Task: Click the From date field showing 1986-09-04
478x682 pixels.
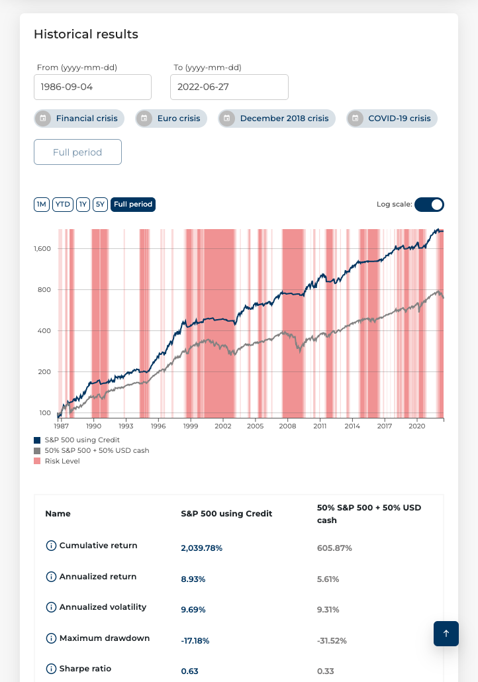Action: (x=93, y=87)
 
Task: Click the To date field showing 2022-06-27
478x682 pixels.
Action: (x=229, y=87)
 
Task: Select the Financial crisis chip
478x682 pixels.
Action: (x=79, y=119)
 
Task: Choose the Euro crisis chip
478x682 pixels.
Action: (x=171, y=119)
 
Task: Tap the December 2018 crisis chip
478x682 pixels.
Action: (x=277, y=119)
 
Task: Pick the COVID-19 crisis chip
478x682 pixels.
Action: (x=392, y=119)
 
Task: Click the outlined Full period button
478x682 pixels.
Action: (x=77, y=152)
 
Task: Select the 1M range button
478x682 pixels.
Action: (x=42, y=205)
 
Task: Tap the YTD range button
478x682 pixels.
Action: (x=63, y=205)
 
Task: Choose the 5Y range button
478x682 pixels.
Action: (x=100, y=205)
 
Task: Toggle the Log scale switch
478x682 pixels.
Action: (x=429, y=205)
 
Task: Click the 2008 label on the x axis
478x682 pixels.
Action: (x=287, y=428)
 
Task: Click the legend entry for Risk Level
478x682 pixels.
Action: (x=62, y=461)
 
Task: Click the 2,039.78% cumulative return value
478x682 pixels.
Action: (x=202, y=548)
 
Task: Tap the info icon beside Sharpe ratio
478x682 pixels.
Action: (x=51, y=669)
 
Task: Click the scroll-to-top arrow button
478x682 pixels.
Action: (x=446, y=634)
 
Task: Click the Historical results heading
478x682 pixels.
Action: (x=86, y=34)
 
